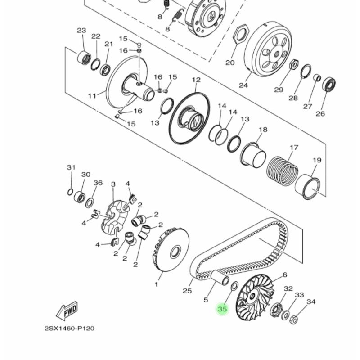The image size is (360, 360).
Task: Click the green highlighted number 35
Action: [x=222, y=309]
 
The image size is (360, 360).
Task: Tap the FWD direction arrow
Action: [x=67, y=310]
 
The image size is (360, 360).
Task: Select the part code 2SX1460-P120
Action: [x=69, y=328]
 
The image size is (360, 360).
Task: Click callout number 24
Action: [x=244, y=85]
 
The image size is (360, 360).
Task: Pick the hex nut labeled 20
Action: [x=240, y=34]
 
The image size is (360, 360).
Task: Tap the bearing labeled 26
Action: [x=329, y=85]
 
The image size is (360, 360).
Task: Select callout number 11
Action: [x=92, y=96]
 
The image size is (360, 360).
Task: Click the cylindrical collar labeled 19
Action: [x=309, y=187]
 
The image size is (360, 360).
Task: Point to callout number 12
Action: [x=196, y=80]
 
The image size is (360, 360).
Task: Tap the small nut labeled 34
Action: [x=293, y=320]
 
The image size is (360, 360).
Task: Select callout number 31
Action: [x=71, y=168]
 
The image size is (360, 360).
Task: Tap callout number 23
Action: [x=81, y=31]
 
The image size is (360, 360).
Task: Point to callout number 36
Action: [x=98, y=183]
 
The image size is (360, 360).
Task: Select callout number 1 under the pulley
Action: [x=157, y=284]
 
